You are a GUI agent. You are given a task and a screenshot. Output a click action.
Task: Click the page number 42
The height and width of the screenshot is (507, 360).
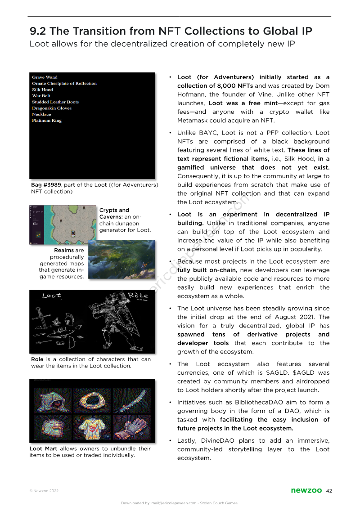click(x=329, y=491)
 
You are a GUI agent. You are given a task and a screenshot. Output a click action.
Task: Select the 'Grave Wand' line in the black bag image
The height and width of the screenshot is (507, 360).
click(x=45, y=77)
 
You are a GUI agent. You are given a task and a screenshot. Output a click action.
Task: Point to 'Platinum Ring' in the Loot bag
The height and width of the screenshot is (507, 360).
click(x=47, y=121)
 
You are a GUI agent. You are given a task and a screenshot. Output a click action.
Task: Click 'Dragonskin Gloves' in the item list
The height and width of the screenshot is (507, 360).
click(x=52, y=108)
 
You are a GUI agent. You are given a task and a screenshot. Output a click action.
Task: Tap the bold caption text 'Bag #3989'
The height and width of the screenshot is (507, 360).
click(x=45, y=185)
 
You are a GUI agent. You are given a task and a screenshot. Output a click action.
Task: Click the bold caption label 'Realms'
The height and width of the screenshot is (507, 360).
click(x=63, y=251)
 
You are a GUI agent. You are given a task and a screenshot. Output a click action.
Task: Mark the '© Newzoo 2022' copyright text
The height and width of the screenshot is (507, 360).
click(x=44, y=491)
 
